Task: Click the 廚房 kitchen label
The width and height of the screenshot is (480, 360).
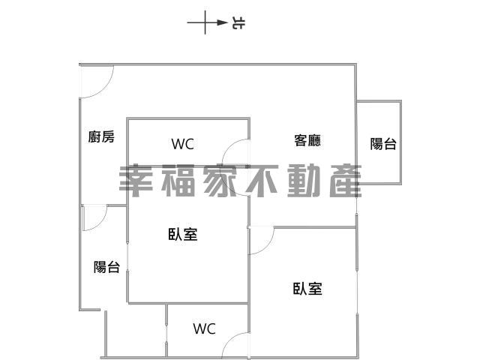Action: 101,136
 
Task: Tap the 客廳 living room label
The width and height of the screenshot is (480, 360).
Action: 307,140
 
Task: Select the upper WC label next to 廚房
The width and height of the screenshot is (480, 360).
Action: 183,144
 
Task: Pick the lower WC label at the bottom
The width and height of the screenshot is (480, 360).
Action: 205,328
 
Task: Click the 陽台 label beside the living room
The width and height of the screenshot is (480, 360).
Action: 383,143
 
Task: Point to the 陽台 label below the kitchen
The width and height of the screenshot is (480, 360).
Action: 106,267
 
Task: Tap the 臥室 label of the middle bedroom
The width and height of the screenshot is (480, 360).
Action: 183,234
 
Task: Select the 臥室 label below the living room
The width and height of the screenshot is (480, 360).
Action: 307,288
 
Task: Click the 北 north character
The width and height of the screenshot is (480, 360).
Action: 238,22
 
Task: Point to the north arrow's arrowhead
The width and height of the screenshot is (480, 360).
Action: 222,22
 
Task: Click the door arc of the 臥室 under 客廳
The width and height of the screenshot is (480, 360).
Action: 267,246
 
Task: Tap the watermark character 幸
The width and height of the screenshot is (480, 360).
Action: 136,181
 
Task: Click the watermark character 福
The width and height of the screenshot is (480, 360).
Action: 178,181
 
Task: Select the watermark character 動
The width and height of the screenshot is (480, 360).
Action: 304,181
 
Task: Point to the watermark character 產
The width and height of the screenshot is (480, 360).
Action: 346,181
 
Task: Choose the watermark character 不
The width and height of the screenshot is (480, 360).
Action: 262,181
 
